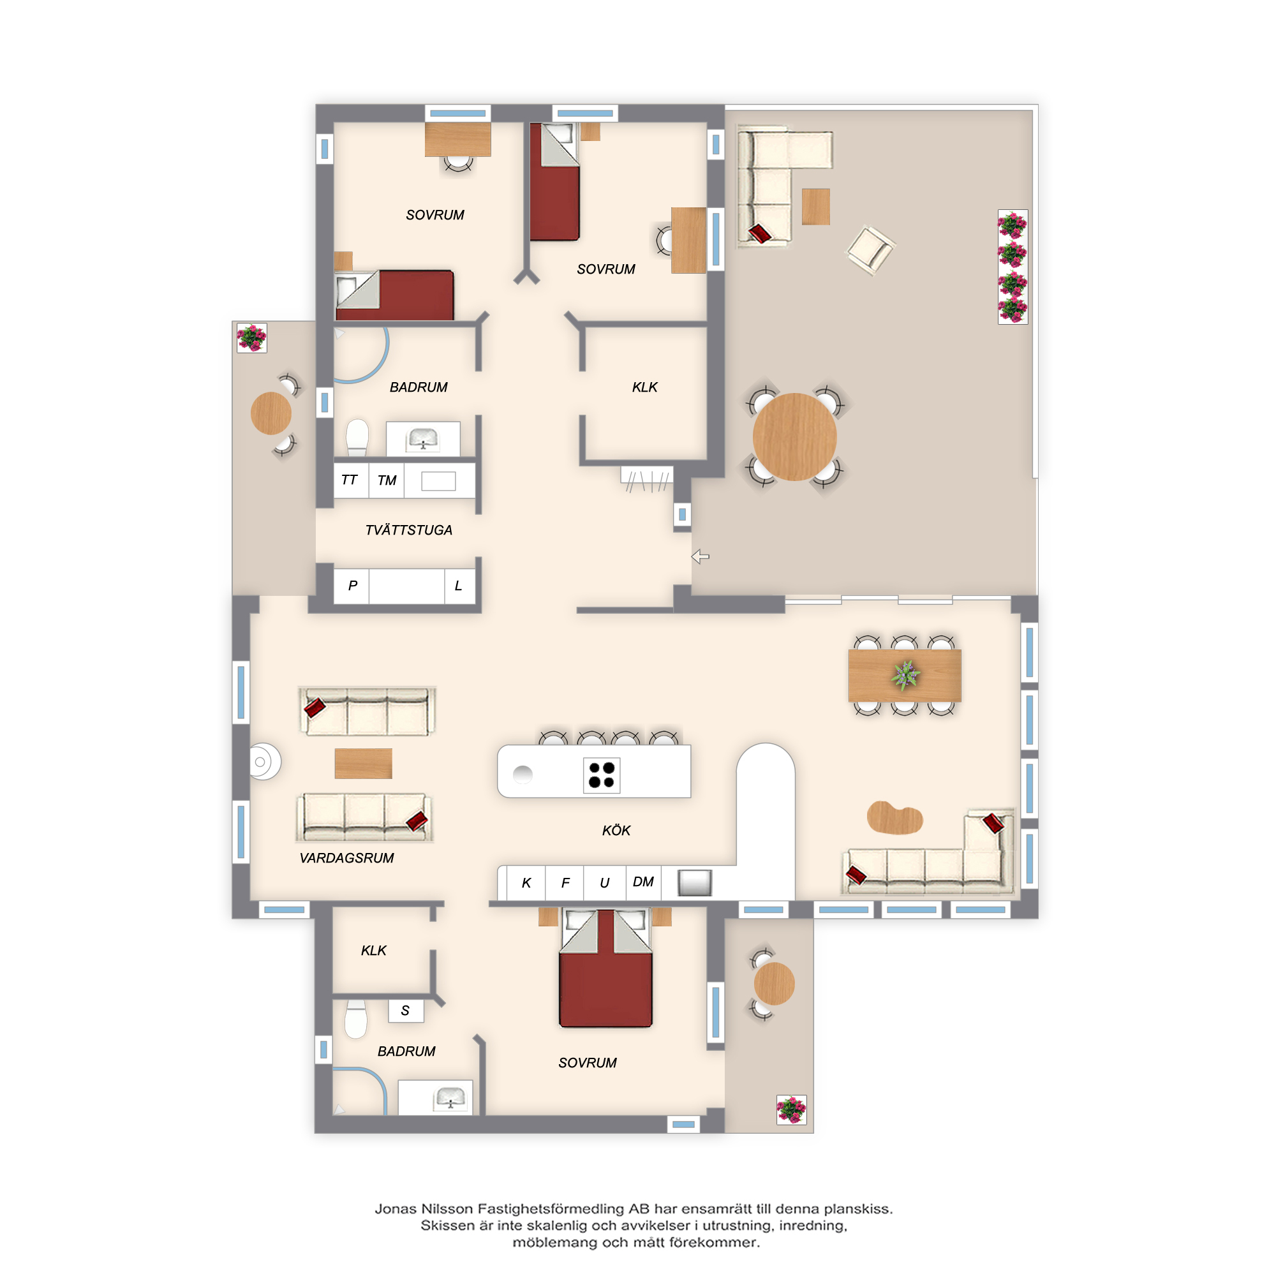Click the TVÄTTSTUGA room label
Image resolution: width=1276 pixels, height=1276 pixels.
[x=409, y=530]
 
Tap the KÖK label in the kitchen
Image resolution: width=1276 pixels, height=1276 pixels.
[x=616, y=830]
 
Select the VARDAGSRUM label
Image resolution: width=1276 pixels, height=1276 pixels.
[x=346, y=858]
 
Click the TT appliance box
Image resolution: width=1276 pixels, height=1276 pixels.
[x=350, y=480]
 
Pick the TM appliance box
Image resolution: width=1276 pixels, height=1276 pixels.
[x=387, y=480]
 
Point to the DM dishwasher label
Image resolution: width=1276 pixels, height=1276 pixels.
[x=643, y=882]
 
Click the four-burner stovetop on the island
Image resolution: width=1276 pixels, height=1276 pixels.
[x=602, y=775]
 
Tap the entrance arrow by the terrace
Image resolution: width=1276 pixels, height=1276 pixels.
[x=700, y=557]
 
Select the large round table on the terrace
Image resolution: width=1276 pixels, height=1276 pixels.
[x=794, y=436]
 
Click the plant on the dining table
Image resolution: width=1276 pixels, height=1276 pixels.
[x=905, y=675]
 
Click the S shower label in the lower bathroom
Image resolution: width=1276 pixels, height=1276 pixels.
[x=406, y=1011]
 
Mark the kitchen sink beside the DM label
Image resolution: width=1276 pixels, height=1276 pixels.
[x=695, y=882]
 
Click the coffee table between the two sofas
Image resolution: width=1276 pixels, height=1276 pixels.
[x=363, y=764]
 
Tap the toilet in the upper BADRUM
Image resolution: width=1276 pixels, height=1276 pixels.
[x=357, y=437]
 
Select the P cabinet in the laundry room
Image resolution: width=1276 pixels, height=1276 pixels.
[x=352, y=586]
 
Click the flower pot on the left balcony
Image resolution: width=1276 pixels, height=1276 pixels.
[x=251, y=338]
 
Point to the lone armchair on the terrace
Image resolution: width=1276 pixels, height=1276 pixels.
[x=871, y=249]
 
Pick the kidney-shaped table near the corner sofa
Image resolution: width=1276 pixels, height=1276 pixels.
[x=895, y=818]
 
